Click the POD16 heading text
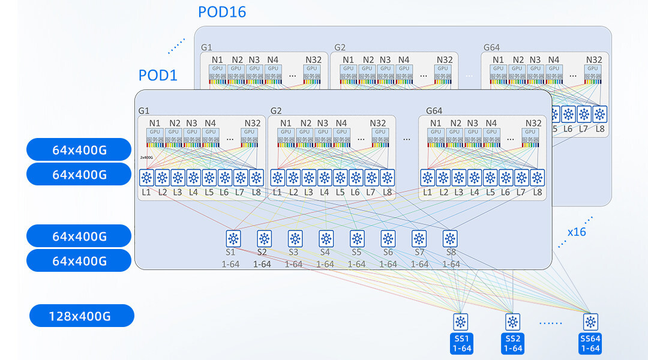(222, 11)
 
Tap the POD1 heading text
(158, 75)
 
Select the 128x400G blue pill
(82, 316)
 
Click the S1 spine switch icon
(233, 238)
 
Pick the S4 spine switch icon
(325, 238)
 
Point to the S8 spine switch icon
(450, 238)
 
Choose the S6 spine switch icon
(388, 238)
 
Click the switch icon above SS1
(460, 322)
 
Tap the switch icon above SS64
(591, 322)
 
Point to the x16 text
(577, 232)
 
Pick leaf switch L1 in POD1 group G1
(147, 178)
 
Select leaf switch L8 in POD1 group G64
(537, 178)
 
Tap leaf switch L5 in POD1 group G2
(340, 178)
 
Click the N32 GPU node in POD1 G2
(378, 136)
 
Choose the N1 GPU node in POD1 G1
(155, 136)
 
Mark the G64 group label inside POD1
(434, 111)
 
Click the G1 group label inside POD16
(206, 47)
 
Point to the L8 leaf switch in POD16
(599, 114)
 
